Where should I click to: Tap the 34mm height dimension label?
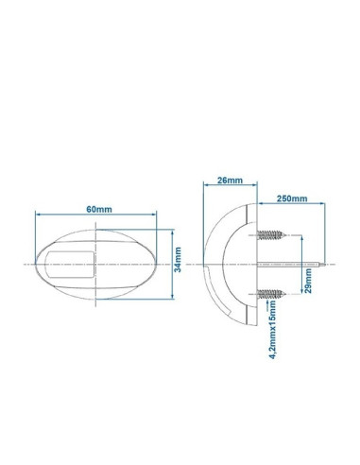(179, 254)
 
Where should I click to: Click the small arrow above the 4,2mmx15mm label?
(272, 305)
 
